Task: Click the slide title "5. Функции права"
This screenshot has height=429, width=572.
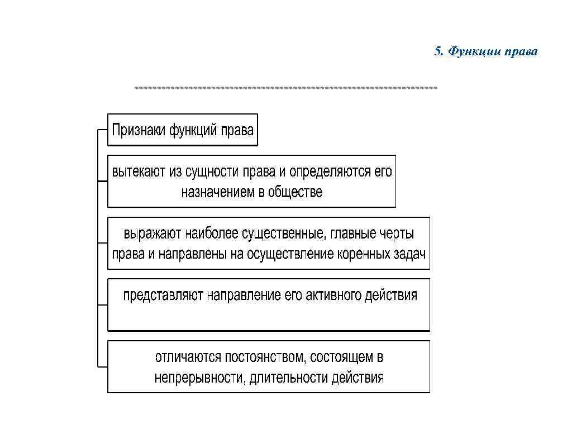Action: point(485,52)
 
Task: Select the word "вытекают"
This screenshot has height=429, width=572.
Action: point(139,171)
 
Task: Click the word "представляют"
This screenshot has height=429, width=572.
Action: point(164,295)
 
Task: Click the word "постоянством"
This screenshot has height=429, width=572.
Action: point(264,356)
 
